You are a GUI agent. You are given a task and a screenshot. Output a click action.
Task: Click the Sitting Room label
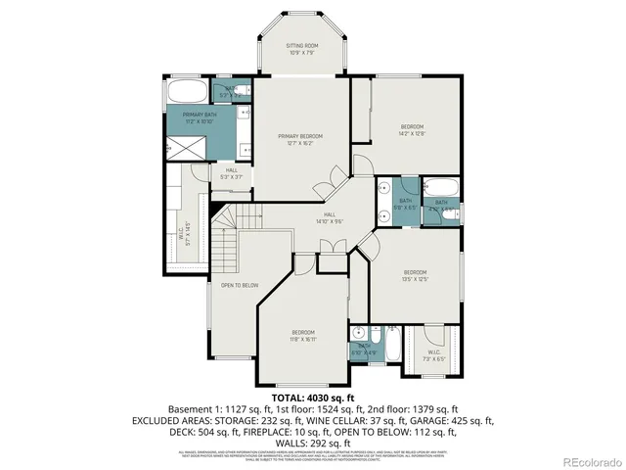300,48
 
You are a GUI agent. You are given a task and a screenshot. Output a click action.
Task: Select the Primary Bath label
199,118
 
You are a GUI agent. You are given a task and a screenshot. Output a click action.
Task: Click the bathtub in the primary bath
186,94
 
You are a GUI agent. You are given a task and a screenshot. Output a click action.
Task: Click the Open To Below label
238,286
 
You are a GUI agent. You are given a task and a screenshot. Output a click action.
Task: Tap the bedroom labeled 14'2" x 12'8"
412,129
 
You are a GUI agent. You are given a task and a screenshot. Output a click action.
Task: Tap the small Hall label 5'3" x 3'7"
232,173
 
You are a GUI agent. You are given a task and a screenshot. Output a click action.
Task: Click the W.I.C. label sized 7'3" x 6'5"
432,356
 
